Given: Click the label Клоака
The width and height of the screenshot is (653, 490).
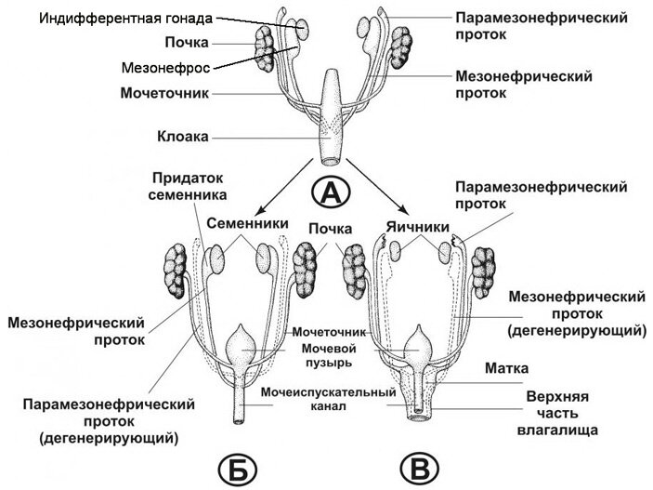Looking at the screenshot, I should click(180, 136).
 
